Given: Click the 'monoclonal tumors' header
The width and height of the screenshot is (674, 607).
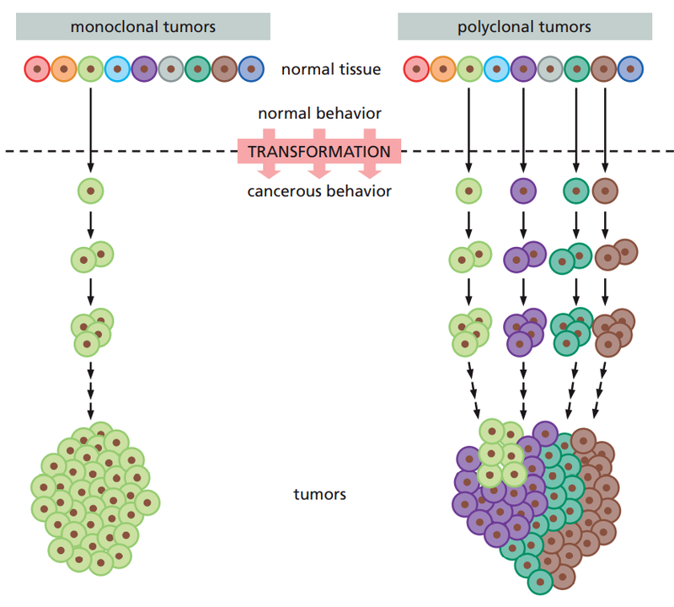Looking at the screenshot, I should tap(143, 27).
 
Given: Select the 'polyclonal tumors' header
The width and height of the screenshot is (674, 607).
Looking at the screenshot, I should tap(524, 27).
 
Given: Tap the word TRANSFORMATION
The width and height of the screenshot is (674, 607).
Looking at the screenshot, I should tap(319, 152).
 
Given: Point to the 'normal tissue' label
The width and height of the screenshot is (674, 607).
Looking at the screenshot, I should tap(331, 69).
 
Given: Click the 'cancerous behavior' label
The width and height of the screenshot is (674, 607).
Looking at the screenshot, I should tap(319, 191).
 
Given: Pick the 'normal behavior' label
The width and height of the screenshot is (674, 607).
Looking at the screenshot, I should tap(319, 113).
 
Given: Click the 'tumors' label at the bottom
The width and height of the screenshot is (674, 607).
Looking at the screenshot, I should tap(319, 494).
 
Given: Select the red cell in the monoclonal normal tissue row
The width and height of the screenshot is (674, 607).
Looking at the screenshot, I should tap(37, 68).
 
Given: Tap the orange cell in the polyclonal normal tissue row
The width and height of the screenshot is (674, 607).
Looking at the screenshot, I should tap(444, 68).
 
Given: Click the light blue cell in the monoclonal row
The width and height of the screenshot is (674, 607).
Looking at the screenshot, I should tap(117, 68).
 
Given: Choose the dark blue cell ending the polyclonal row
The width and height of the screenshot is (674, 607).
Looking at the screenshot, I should tap(630, 68).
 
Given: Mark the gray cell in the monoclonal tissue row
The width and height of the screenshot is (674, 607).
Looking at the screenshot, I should tap(171, 68).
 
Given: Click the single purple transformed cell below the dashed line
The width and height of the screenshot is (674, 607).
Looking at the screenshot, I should tap(524, 191).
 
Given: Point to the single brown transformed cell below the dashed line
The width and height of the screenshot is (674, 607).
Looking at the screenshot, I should tap(605, 191).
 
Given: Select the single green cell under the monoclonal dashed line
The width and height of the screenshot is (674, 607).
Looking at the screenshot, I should tap(90, 191).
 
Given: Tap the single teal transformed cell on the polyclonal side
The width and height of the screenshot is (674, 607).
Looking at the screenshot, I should tap(576, 191).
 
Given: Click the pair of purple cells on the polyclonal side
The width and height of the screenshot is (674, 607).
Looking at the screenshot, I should tap(524, 256).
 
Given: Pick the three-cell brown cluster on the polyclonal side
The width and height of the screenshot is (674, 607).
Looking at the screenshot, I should tap(614, 330).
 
